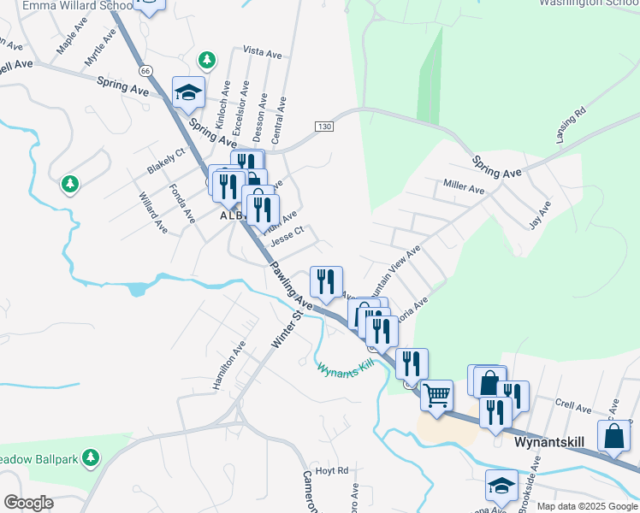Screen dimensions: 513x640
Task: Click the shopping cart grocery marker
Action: pos(436,395)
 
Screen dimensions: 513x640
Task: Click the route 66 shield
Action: pos(146,69)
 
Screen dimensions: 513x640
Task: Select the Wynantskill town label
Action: pos(548,445)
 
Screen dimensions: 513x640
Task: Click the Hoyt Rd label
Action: pos(332,470)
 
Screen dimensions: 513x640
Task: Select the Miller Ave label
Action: pos(464,186)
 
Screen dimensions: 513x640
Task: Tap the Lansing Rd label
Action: pos(569,125)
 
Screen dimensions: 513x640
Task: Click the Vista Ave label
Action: pos(262,53)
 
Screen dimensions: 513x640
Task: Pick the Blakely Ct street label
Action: pos(165,161)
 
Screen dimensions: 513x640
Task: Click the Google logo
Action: pos(28,503)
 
